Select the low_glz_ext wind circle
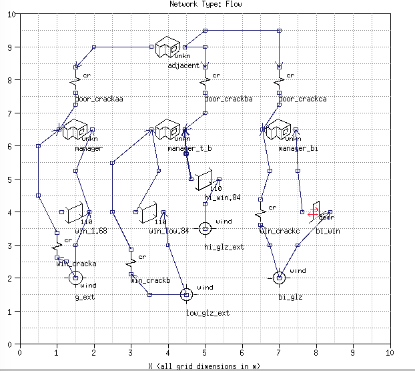tap(187, 294)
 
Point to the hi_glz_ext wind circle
tap(205, 229)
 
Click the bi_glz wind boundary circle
tap(279, 278)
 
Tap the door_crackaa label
tap(99, 99)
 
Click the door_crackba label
tap(228, 99)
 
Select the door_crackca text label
tap(302, 99)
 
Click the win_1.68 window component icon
tap(75, 212)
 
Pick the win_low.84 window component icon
tap(149, 212)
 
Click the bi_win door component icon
tap(317, 211)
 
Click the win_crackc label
tap(280, 231)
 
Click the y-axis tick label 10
tap(11, 14)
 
